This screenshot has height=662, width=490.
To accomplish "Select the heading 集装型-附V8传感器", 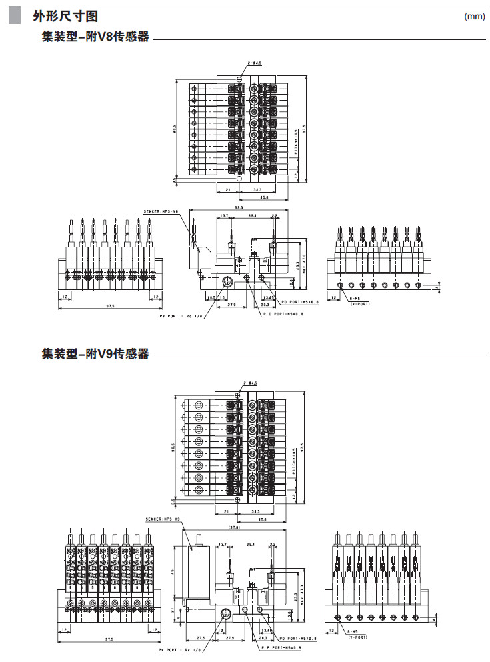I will click(x=95, y=37).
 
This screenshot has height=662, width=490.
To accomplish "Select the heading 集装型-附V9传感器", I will click(x=95, y=354).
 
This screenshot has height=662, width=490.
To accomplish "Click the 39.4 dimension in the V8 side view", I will click(x=251, y=217).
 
